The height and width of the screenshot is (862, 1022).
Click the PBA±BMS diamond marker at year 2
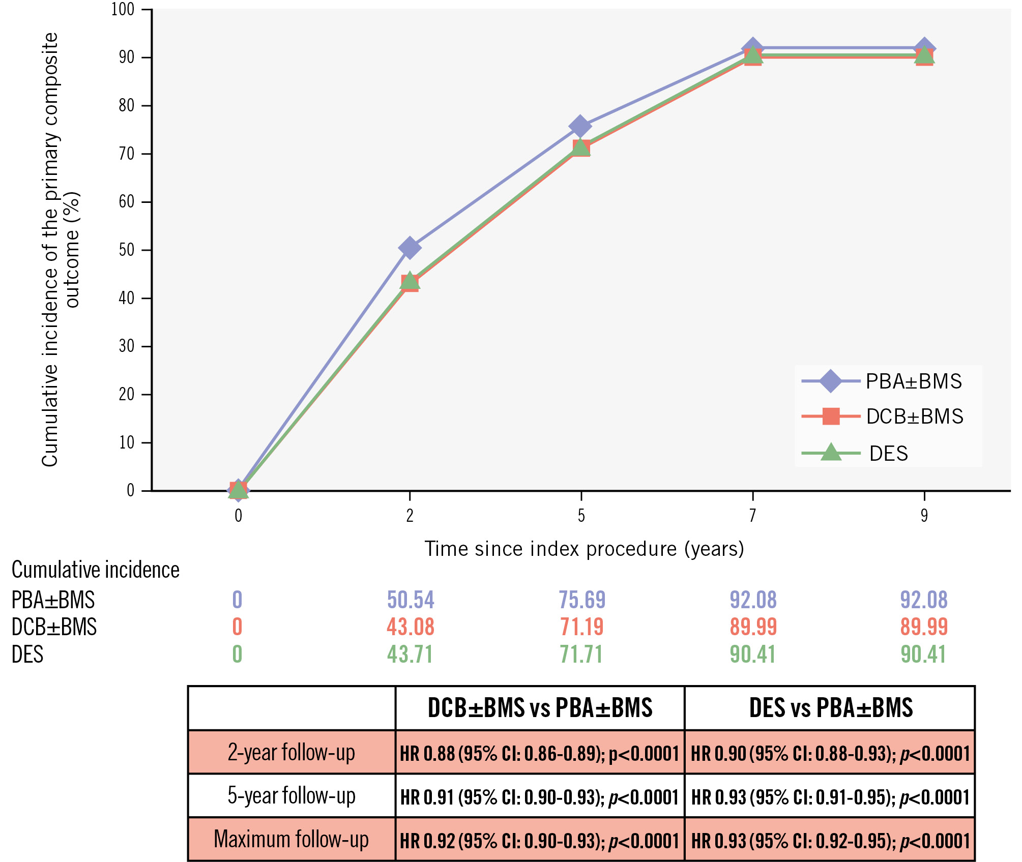click(x=410, y=248)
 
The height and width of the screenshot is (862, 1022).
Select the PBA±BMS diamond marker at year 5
click(x=580, y=126)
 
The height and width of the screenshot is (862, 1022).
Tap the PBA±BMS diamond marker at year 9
click(x=924, y=48)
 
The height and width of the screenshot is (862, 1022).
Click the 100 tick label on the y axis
click(x=123, y=9)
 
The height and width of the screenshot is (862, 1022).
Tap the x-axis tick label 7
click(x=752, y=516)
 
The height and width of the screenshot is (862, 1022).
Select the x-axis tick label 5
click(x=581, y=516)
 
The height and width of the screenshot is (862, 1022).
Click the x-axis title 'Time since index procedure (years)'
click(x=584, y=549)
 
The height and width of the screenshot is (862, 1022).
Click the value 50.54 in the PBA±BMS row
click(x=411, y=600)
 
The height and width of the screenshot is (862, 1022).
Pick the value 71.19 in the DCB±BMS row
click(x=582, y=627)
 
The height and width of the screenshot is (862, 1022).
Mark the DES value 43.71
click(x=410, y=654)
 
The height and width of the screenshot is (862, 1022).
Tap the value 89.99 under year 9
click(x=924, y=627)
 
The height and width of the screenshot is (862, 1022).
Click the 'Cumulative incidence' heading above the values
click(x=96, y=570)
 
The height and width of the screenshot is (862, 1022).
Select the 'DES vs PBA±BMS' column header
click(x=831, y=708)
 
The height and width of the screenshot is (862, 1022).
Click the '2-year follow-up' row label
click(x=291, y=752)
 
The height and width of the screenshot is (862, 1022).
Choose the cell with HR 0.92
click(x=540, y=841)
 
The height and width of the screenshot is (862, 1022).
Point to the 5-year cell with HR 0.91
click(x=540, y=797)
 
